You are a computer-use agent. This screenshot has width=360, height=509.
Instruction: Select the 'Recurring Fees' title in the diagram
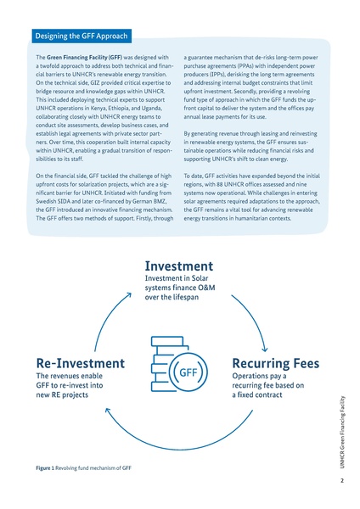(275, 363)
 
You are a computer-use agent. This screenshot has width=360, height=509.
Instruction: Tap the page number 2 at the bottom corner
(340, 482)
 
